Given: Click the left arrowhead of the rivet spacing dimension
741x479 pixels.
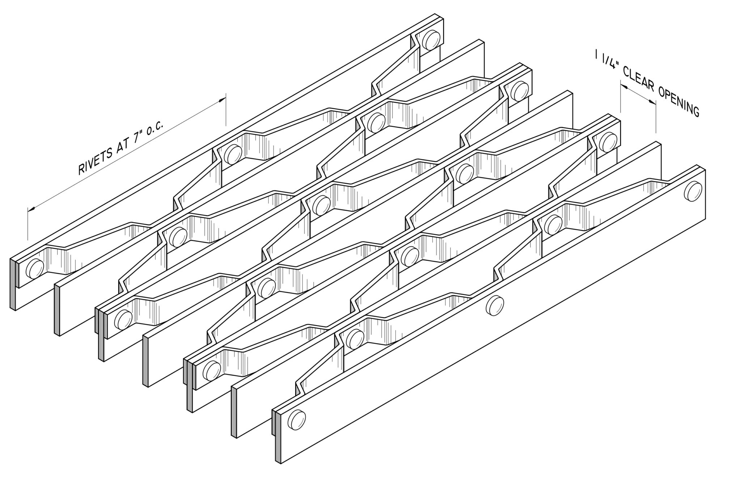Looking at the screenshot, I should tap(31, 209).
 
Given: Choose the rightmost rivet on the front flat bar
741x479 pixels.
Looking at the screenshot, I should tap(693, 191).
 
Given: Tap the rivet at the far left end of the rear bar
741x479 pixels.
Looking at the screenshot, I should tap(35, 269).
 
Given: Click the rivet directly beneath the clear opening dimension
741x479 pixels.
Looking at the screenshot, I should tap(607, 141).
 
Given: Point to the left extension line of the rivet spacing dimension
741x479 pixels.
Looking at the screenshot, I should tap(28, 224).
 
